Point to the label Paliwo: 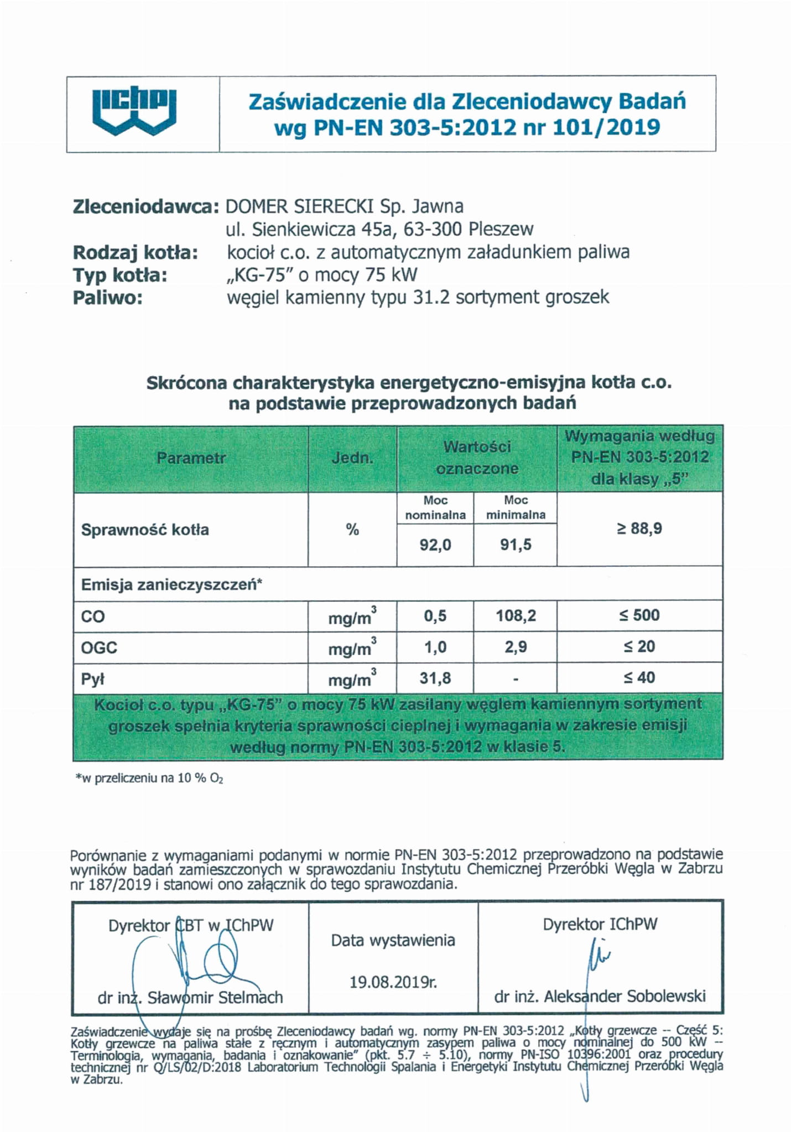point(108,298)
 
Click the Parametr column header point(191,458)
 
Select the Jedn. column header point(352,458)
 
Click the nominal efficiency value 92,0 point(435,545)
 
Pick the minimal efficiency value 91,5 point(516,545)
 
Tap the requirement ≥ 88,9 point(639,529)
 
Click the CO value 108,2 point(516,616)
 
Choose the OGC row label point(99,647)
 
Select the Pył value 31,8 point(435,678)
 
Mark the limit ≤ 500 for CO point(639,615)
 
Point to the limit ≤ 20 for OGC point(639,646)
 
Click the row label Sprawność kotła point(145,530)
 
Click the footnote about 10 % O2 point(149,778)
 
